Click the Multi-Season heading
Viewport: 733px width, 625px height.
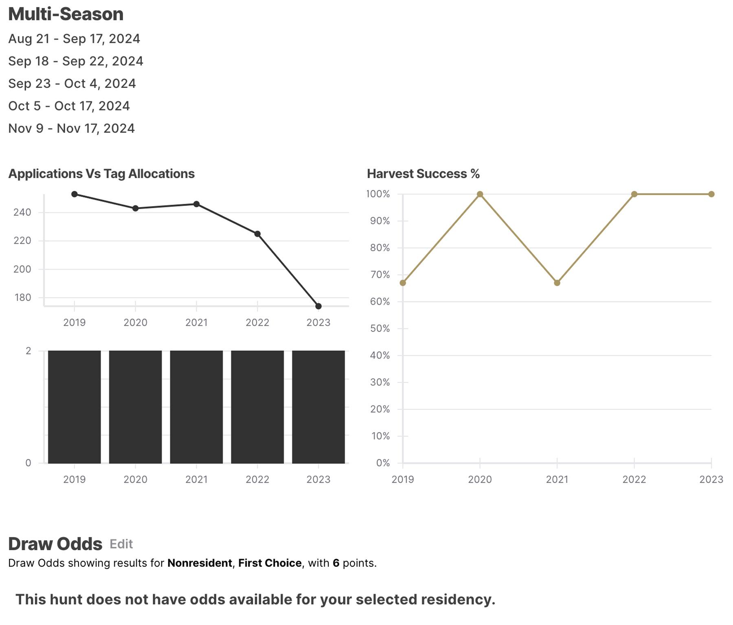coord(66,14)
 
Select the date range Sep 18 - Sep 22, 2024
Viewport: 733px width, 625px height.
coord(76,61)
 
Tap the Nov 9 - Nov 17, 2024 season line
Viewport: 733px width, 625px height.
coord(71,128)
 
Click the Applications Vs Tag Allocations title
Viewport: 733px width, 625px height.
coord(101,174)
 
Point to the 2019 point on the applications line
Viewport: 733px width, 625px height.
coord(75,194)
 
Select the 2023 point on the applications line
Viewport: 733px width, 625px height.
coord(318,306)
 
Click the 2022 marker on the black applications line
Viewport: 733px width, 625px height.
coord(257,234)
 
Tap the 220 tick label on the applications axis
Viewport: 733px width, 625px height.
coord(22,240)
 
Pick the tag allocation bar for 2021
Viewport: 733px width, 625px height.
coord(196,407)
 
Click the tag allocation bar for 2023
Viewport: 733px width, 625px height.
coord(318,407)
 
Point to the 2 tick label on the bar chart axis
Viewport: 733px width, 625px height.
coord(28,351)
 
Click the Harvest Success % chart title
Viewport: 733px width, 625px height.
coord(423,174)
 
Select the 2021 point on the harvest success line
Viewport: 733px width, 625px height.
coord(557,283)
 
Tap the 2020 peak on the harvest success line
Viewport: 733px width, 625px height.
coord(480,194)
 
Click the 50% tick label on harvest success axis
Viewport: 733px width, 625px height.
coord(380,328)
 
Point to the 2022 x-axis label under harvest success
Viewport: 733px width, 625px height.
coord(634,479)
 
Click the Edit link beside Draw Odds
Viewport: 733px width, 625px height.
coord(121,544)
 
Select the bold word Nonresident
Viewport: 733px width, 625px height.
coord(200,563)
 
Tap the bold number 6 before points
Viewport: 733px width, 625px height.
coord(336,563)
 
